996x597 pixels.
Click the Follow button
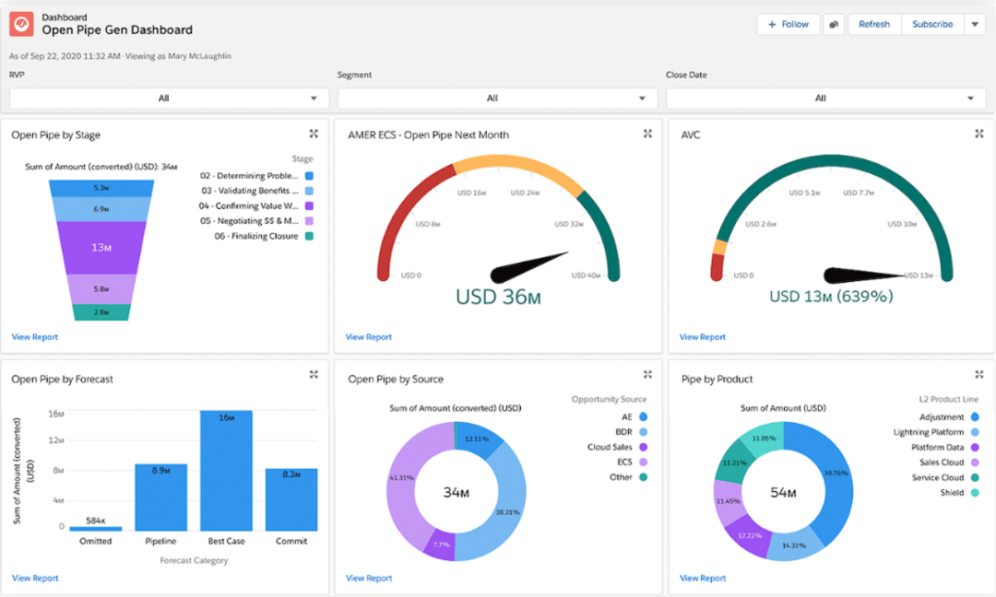(x=788, y=25)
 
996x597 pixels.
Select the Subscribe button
(x=931, y=25)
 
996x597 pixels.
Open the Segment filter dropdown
(x=497, y=99)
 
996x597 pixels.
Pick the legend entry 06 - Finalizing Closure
(x=256, y=237)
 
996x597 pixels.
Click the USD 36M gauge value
(x=497, y=297)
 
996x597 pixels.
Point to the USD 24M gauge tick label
(x=524, y=193)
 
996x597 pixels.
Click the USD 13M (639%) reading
(x=831, y=297)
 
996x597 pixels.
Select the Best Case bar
(x=226, y=470)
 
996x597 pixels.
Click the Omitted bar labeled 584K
(x=95, y=529)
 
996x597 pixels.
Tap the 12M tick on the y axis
(x=55, y=441)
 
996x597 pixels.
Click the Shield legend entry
(x=953, y=493)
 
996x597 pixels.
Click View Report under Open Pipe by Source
(x=369, y=579)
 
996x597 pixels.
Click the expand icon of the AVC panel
(x=979, y=134)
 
